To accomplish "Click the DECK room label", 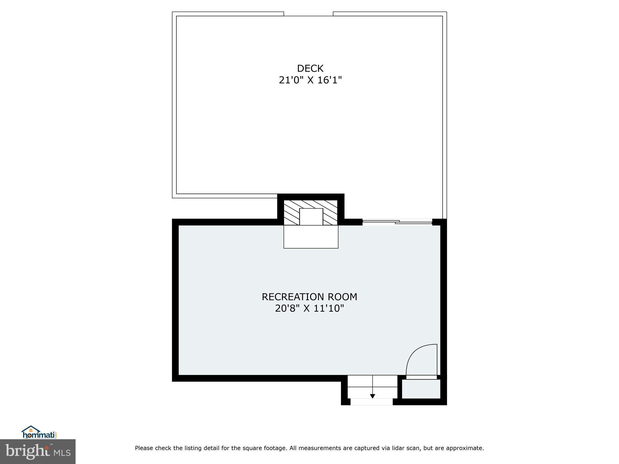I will [x=310, y=69].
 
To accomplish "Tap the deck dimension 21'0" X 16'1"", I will [x=310, y=80].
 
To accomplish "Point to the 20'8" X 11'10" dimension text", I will [x=309, y=308].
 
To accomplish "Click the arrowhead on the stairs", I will [x=372, y=396].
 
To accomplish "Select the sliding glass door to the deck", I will [x=397, y=222].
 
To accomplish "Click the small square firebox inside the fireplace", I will [x=311, y=217].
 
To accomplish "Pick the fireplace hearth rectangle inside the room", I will [x=311, y=237].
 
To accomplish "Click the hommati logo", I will [x=39, y=433].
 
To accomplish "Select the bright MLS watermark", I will [x=37, y=451].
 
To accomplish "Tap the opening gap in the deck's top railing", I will [x=308, y=14].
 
